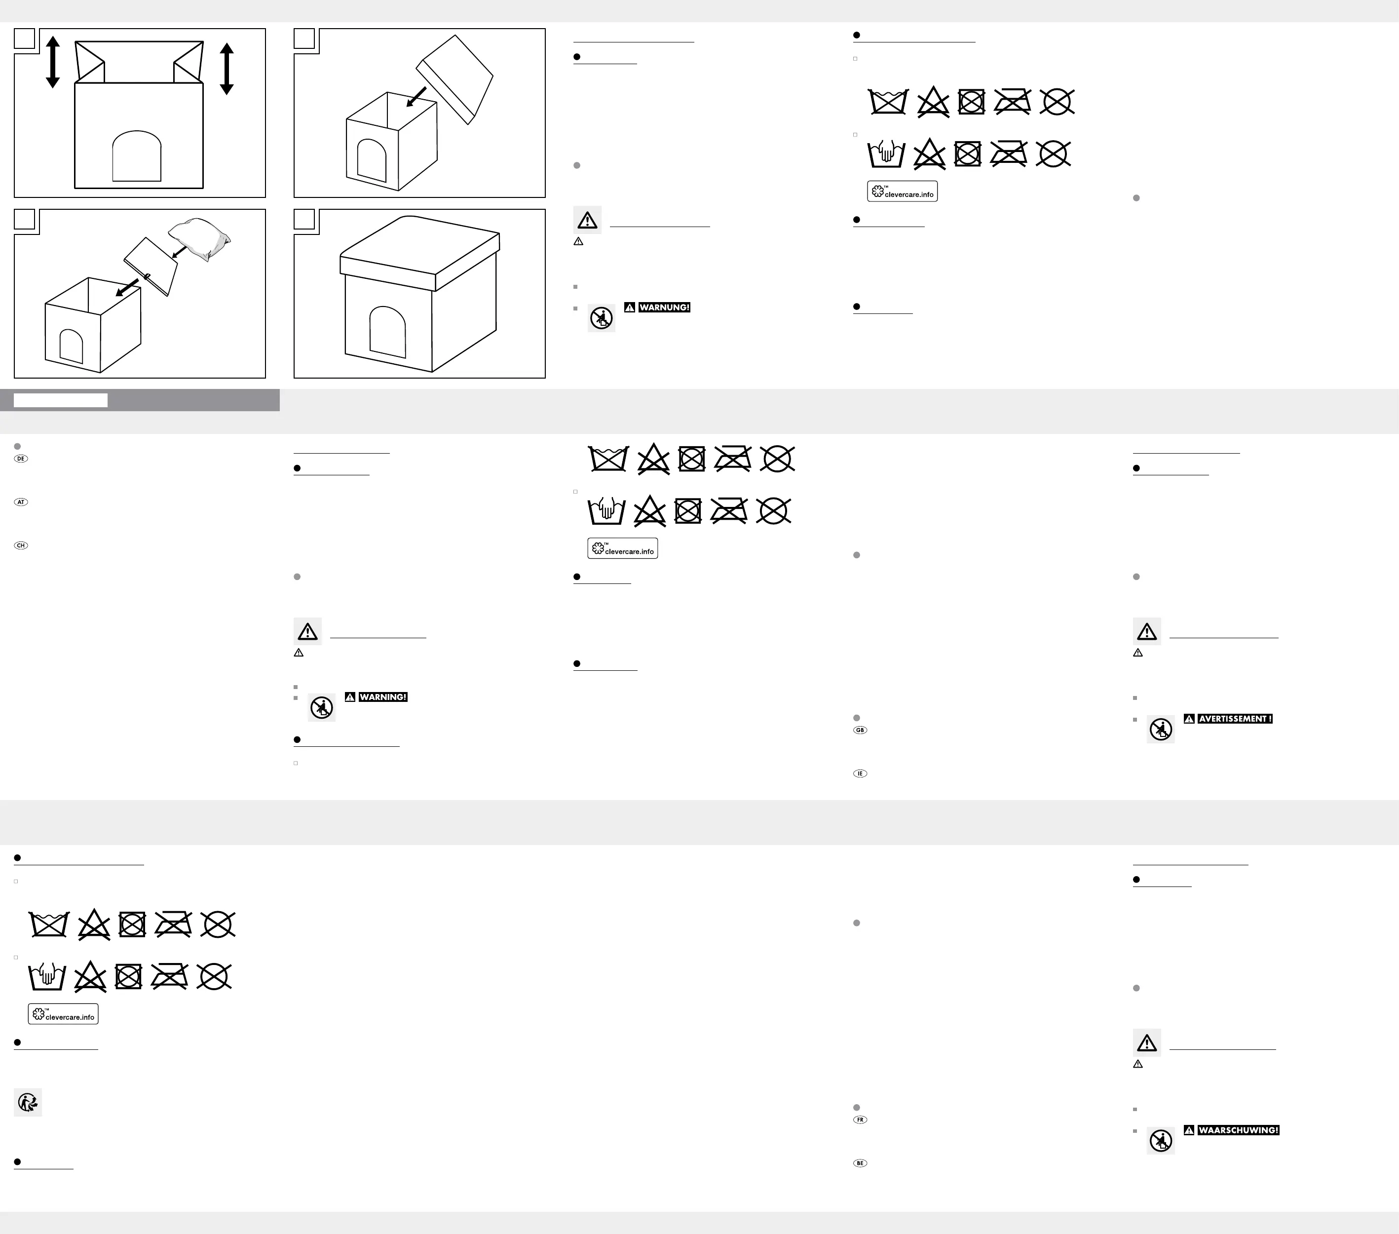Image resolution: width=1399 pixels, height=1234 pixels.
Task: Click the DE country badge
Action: pyautogui.click(x=21, y=459)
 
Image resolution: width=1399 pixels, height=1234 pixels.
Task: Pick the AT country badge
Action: pyautogui.click(x=21, y=502)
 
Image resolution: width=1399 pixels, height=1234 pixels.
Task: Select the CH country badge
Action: pyautogui.click(x=21, y=546)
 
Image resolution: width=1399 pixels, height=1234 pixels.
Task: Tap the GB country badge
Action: pyautogui.click(x=860, y=730)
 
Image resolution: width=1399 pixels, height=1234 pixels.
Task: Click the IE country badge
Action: pyautogui.click(x=860, y=774)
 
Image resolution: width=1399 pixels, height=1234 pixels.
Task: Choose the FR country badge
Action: pyautogui.click(x=860, y=1119)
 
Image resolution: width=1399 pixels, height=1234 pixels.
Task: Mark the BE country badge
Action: pyautogui.click(x=860, y=1163)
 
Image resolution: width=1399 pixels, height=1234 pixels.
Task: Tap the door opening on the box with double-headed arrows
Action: pyautogui.click(x=137, y=156)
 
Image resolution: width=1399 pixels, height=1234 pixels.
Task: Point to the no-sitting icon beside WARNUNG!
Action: pyautogui.click(x=602, y=318)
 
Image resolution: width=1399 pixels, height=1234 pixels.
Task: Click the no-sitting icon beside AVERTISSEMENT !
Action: pyautogui.click(x=1161, y=730)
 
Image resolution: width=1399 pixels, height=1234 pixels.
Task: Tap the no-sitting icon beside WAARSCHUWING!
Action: pyautogui.click(x=1161, y=1141)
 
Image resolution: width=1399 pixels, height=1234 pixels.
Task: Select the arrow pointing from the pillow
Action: pyautogui.click(x=179, y=253)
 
